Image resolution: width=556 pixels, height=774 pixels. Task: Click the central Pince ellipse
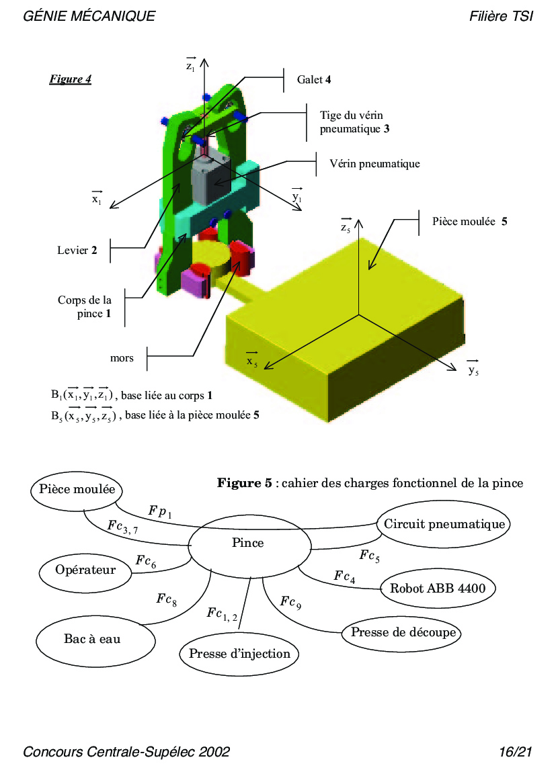click(x=248, y=543)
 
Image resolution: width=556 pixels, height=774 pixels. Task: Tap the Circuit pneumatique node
click(x=444, y=524)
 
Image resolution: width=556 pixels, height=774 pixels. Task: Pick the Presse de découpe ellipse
click(x=403, y=632)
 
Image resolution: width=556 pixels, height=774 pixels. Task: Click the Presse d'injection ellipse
click(x=239, y=654)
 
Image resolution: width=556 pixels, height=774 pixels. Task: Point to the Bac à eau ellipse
click(x=92, y=639)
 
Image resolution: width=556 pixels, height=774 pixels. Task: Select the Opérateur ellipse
click(x=85, y=570)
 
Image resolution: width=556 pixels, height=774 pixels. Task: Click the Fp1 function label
click(x=160, y=512)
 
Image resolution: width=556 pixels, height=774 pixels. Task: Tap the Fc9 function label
click(x=290, y=603)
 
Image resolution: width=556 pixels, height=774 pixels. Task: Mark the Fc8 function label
click(x=167, y=599)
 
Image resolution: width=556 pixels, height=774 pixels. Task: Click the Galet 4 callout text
click(x=314, y=79)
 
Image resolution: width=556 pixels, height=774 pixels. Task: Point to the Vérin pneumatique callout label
click(x=374, y=163)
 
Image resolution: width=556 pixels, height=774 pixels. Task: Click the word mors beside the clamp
click(x=122, y=358)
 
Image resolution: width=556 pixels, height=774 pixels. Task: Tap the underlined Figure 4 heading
click(x=70, y=79)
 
